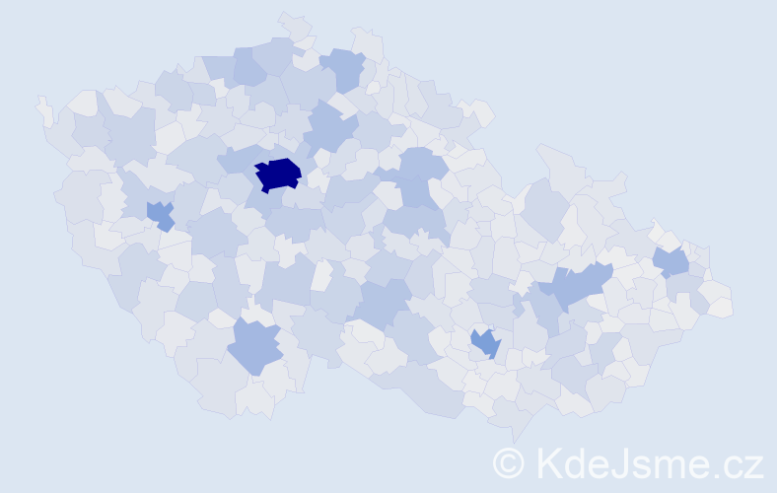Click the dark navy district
click(x=279, y=174)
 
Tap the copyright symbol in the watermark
click(x=509, y=461)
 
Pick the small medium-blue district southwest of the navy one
click(x=160, y=214)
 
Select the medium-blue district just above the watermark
click(x=485, y=343)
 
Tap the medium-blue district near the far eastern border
click(x=671, y=262)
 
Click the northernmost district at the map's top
click(x=294, y=24)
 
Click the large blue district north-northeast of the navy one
click(x=329, y=128)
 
